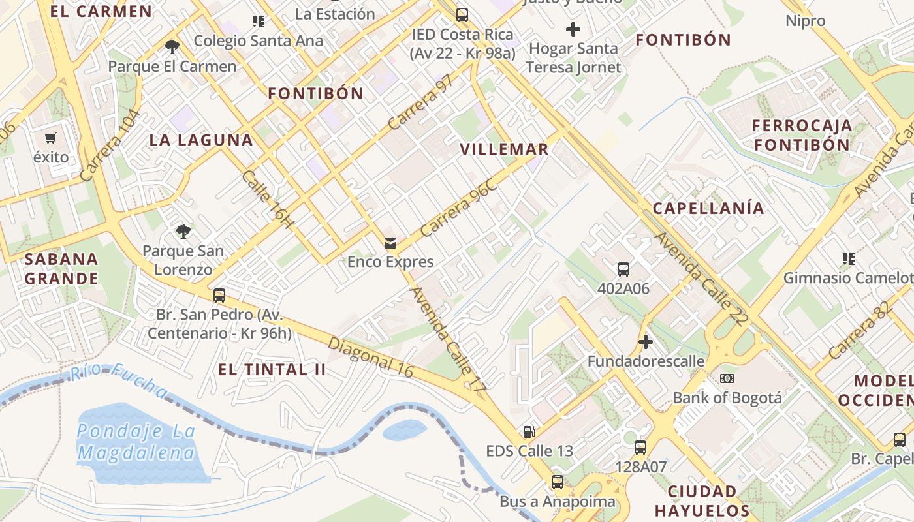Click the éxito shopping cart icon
coord(51,138)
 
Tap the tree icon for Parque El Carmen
coord(172,46)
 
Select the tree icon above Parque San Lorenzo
coord(183,231)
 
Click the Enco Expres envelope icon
coord(390,243)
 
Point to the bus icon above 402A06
coord(623,269)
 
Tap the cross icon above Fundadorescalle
coord(646,342)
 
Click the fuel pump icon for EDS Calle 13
coord(529,432)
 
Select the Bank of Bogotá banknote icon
coord(727,378)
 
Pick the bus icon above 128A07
coord(640,448)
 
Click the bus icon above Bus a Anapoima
coord(557,482)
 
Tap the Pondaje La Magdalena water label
coord(136,442)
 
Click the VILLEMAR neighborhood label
coord(504,149)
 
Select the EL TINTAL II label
coord(272,370)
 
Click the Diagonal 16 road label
coord(371,357)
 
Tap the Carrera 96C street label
coord(458,207)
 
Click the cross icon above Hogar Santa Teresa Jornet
coord(573,29)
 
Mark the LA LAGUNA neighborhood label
coord(201,140)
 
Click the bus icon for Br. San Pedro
coord(219,295)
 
